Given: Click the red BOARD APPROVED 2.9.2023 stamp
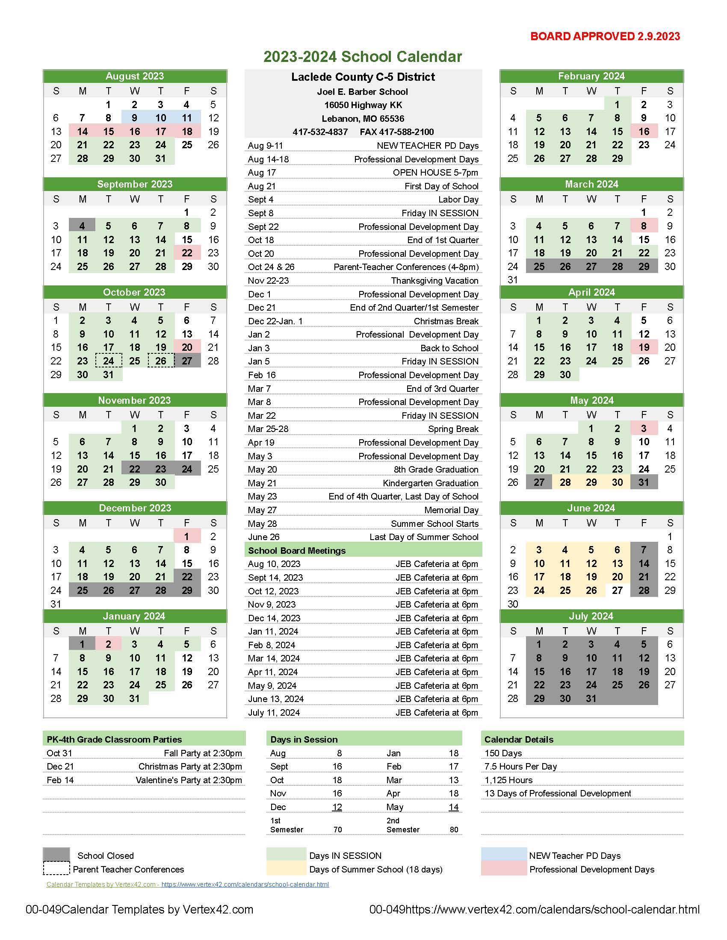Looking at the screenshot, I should (x=605, y=37).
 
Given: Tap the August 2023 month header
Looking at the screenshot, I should (x=135, y=76).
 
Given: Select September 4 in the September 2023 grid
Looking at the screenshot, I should (x=82, y=226).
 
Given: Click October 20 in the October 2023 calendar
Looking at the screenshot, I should (x=187, y=347).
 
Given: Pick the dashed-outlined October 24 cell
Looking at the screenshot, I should (x=109, y=361).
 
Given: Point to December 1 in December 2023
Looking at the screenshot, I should (x=186, y=536).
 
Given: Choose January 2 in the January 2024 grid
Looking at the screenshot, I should (x=109, y=644).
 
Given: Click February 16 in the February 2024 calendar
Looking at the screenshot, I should (x=644, y=131).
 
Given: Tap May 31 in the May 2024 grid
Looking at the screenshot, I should (x=644, y=482).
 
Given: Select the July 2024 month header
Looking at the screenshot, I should (x=591, y=616).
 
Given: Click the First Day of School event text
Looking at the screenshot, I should (x=441, y=186).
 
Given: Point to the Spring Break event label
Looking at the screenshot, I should (x=453, y=429).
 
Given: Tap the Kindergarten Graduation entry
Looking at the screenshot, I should (x=430, y=483).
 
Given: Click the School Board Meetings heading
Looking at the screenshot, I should (x=297, y=550).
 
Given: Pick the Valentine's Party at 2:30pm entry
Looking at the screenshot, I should (x=189, y=780).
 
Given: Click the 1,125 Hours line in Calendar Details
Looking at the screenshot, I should (x=508, y=780).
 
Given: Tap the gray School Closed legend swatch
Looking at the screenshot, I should (x=56, y=855).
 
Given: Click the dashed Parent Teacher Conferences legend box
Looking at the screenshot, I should (x=56, y=868).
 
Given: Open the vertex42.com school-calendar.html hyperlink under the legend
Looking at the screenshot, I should (x=245, y=884).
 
